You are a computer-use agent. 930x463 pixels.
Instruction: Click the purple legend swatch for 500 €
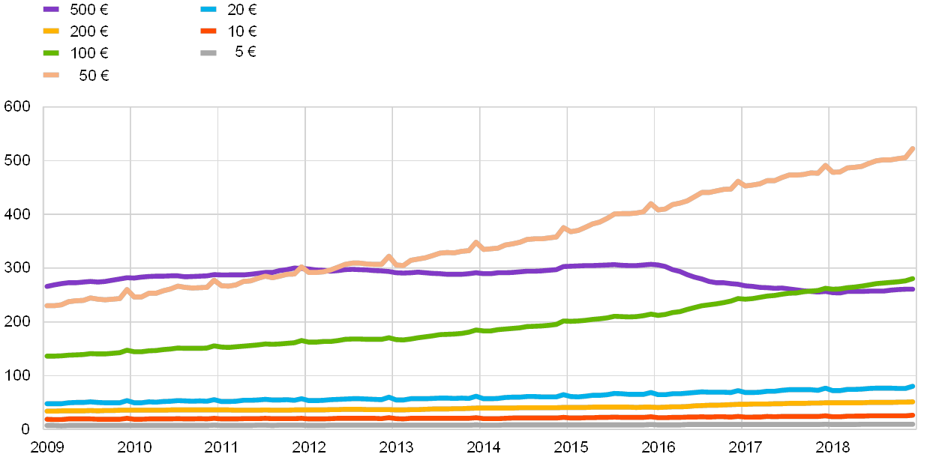click(51, 9)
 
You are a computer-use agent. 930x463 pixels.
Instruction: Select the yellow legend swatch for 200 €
click(51, 31)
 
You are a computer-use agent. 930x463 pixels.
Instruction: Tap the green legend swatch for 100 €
click(51, 52)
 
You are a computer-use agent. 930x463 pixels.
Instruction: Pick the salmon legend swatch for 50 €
click(51, 75)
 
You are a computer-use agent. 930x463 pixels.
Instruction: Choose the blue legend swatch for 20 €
click(208, 9)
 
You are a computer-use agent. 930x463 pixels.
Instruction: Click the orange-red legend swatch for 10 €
click(208, 31)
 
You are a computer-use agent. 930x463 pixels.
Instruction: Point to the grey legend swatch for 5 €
click(208, 52)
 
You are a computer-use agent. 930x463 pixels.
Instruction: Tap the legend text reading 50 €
click(93, 75)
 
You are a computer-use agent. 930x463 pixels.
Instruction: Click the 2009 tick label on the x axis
click(46, 447)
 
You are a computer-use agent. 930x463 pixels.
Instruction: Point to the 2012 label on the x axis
click(308, 447)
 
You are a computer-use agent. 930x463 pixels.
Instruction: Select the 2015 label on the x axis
click(570, 447)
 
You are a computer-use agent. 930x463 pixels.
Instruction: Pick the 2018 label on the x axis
click(832, 447)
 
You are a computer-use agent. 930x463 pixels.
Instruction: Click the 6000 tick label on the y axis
click(17, 107)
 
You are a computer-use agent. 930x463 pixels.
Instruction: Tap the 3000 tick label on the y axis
click(17, 267)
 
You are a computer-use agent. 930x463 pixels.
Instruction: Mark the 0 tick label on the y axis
click(25, 428)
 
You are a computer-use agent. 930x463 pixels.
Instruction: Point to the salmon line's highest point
click(912, 149)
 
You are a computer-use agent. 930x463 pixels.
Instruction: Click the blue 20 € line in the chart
click(525, 396)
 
